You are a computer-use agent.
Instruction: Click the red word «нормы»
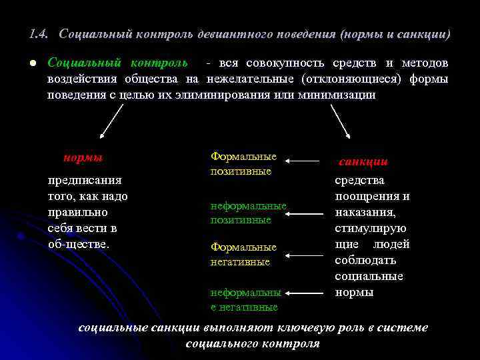coord(83,158)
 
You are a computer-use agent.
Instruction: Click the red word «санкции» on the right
coord(364,162)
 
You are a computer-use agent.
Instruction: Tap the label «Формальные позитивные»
coord(243,163)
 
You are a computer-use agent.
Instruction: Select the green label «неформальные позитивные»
coord(248,213)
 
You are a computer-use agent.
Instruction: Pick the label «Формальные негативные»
coord(243,254)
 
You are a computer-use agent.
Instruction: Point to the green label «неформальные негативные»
coord(245,299)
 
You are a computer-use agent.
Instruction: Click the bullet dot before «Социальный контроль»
coord(31,63)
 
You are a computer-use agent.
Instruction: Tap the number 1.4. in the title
coord(39,33)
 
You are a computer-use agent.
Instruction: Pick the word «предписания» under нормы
coord(85,180)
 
